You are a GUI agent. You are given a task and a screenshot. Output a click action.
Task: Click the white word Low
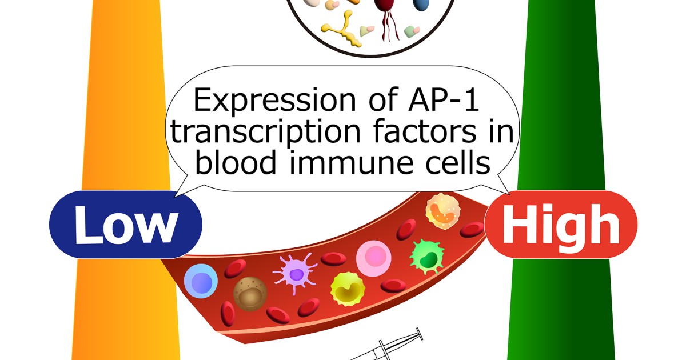125,225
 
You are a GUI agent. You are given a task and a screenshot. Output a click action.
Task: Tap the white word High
560,225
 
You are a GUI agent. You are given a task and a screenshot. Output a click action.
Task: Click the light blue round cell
201,281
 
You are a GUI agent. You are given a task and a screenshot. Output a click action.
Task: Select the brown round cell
250,293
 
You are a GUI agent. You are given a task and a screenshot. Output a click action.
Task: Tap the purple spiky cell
296,273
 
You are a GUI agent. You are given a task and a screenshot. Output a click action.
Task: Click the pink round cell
372,258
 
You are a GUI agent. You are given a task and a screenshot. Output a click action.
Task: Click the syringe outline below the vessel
389,347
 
